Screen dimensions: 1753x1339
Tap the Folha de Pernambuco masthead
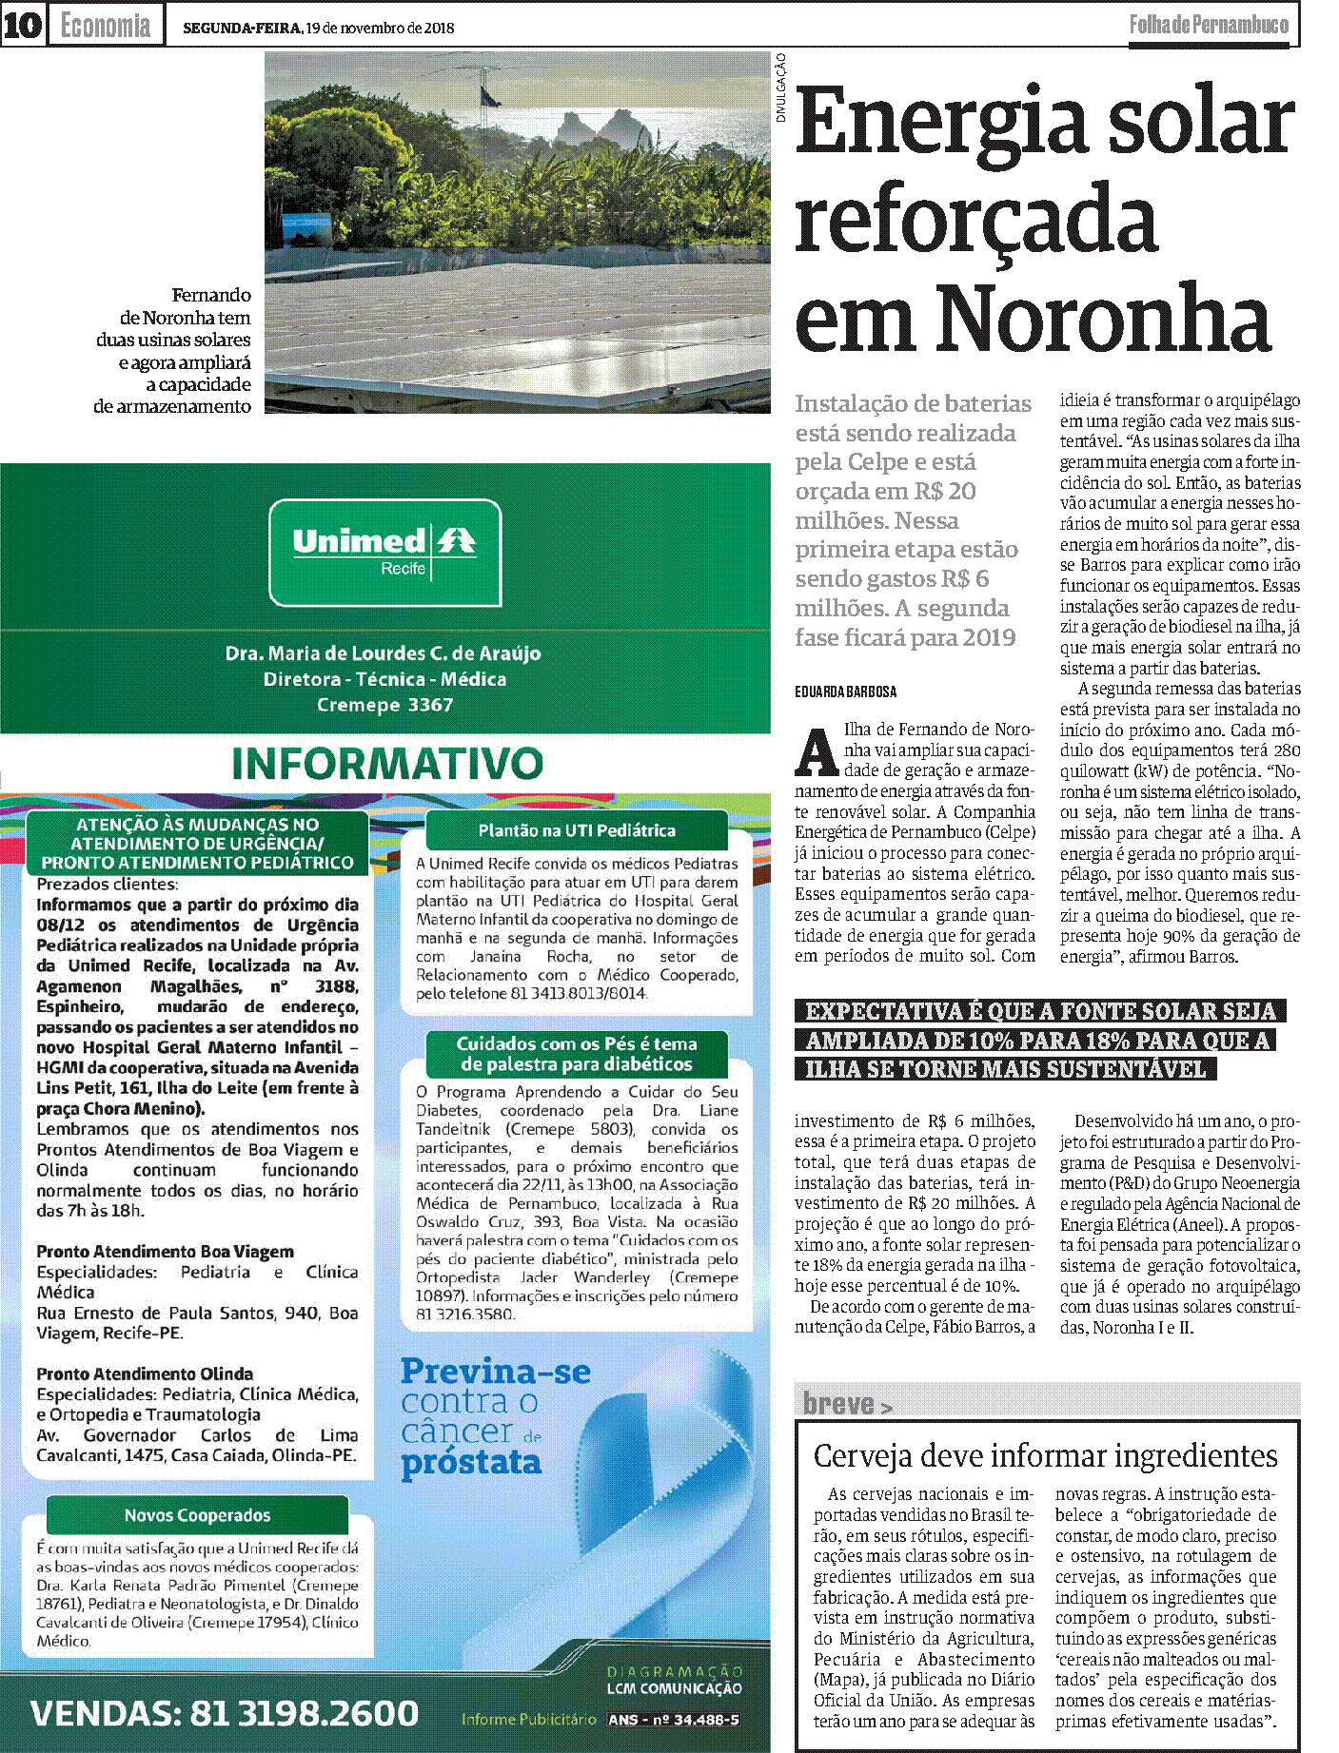[1209, 25]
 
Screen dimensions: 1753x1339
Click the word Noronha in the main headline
[1104, 319]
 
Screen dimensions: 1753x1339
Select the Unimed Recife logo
[384, 553]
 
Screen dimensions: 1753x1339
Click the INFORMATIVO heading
[387, 764]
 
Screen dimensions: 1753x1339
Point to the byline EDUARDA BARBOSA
[846, 691]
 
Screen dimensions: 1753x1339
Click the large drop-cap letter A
[816, 752]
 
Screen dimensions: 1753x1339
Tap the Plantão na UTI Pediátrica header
[577, 830]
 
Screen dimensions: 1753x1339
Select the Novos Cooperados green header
[197, 1515]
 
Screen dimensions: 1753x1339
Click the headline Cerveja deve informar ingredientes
[1045, 1455]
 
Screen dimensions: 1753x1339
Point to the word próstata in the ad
[471, 1462]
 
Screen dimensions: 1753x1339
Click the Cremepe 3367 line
[384, 705]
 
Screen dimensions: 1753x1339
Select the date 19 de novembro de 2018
[380, 28]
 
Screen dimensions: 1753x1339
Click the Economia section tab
[105, 26]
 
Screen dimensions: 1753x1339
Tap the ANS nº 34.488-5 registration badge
[673, 1719]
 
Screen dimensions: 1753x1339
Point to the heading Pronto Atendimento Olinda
[145, 1373]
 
